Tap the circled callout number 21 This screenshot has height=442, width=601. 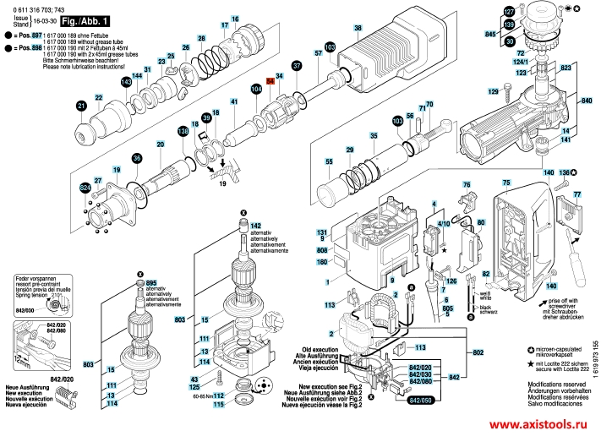(81, 106)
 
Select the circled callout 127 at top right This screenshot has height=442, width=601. (509, 11)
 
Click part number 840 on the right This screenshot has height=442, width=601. (586, 101)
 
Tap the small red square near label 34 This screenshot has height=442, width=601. (270, 80)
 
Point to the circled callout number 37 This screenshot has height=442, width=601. (297, 66)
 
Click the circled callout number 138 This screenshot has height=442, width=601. (183, 131)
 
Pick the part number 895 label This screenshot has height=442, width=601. (151, 283)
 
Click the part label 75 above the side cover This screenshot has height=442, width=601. (506, 183)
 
